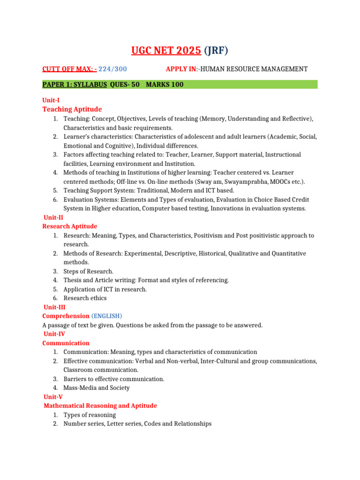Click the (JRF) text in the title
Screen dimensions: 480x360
[x=215, y=50]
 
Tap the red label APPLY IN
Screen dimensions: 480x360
[x=181, y=69]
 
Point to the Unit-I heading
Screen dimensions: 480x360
[x=51, y=100]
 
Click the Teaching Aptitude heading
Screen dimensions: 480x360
[x=72, y=109]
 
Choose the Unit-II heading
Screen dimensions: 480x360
[x=53, y=217]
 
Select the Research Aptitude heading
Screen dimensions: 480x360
[x=70, y=226]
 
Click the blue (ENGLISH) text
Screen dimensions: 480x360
[x=106, y=316]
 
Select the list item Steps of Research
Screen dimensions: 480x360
[x=89, y=271]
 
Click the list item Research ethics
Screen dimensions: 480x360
[x=85, y=298]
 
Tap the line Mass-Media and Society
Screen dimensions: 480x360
[x=97, y=388]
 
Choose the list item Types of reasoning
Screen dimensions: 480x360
[x=90, y=415]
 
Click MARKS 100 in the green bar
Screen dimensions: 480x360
[x=165, y=84]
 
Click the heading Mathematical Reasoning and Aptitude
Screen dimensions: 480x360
[x=100, y=405]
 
